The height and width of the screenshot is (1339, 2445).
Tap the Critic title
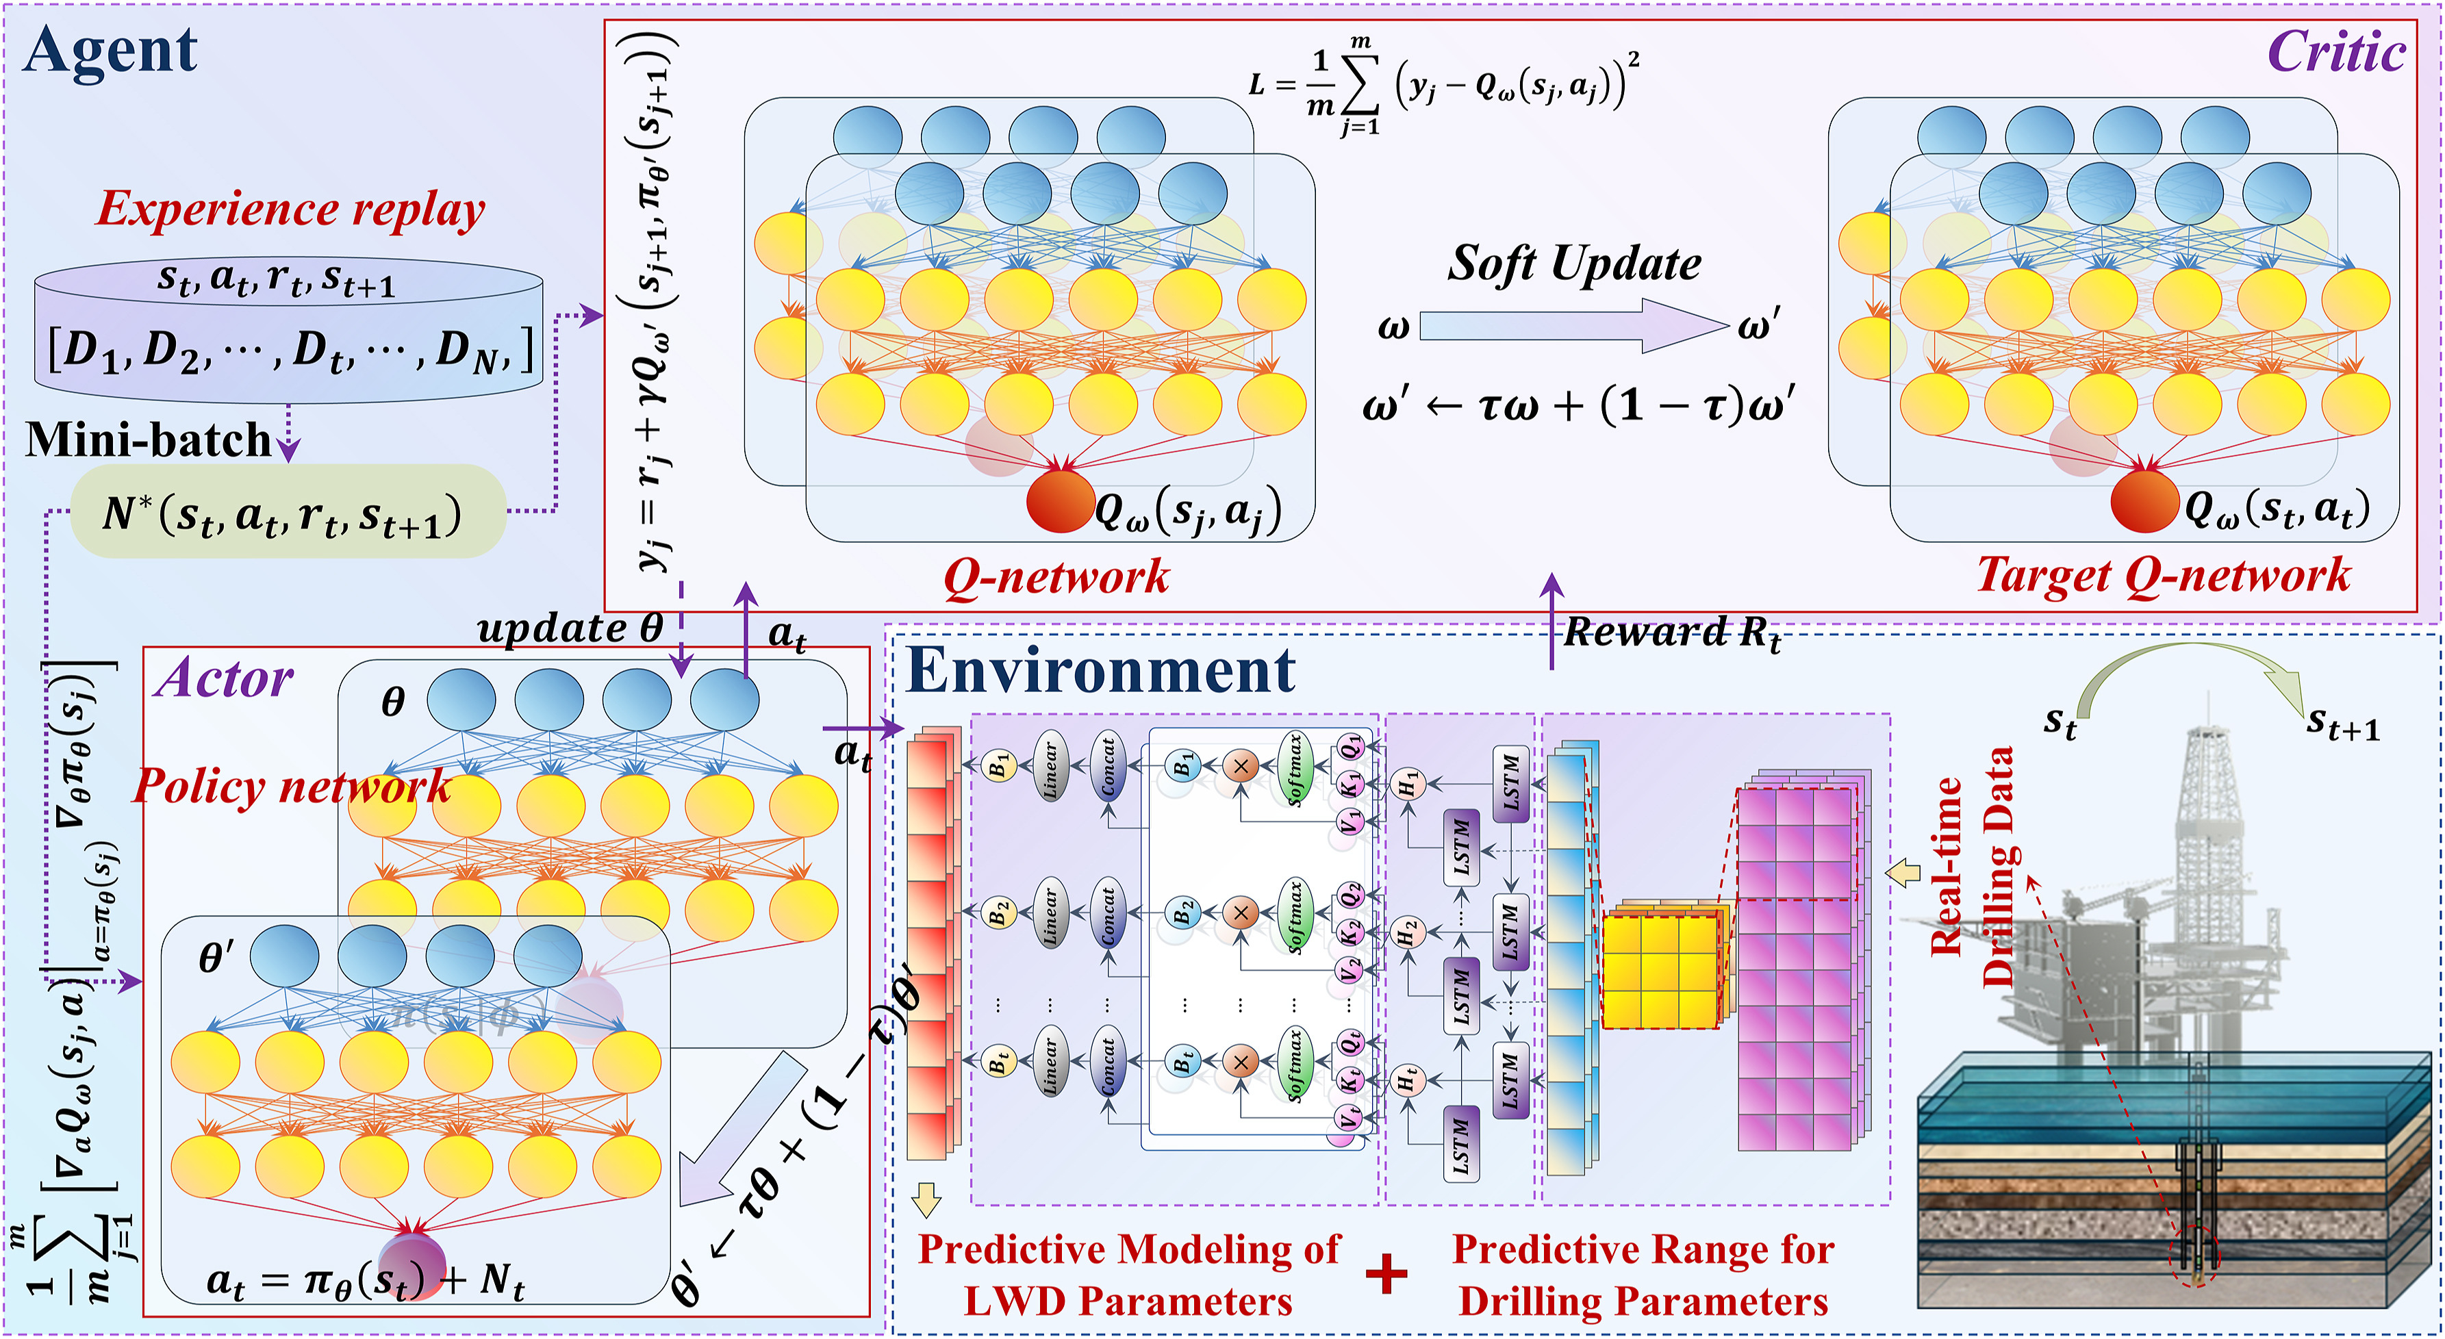pos(2336,52)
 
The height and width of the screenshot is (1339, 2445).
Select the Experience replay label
pos(290,209)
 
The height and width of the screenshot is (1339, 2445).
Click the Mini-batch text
pos(149,439)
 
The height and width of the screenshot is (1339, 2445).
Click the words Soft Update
pos(1573,263)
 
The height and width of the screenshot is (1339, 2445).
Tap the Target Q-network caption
pos(2163,575)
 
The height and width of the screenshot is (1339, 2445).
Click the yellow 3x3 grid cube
pos(1660,971)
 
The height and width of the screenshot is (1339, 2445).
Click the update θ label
pos(570,628)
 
